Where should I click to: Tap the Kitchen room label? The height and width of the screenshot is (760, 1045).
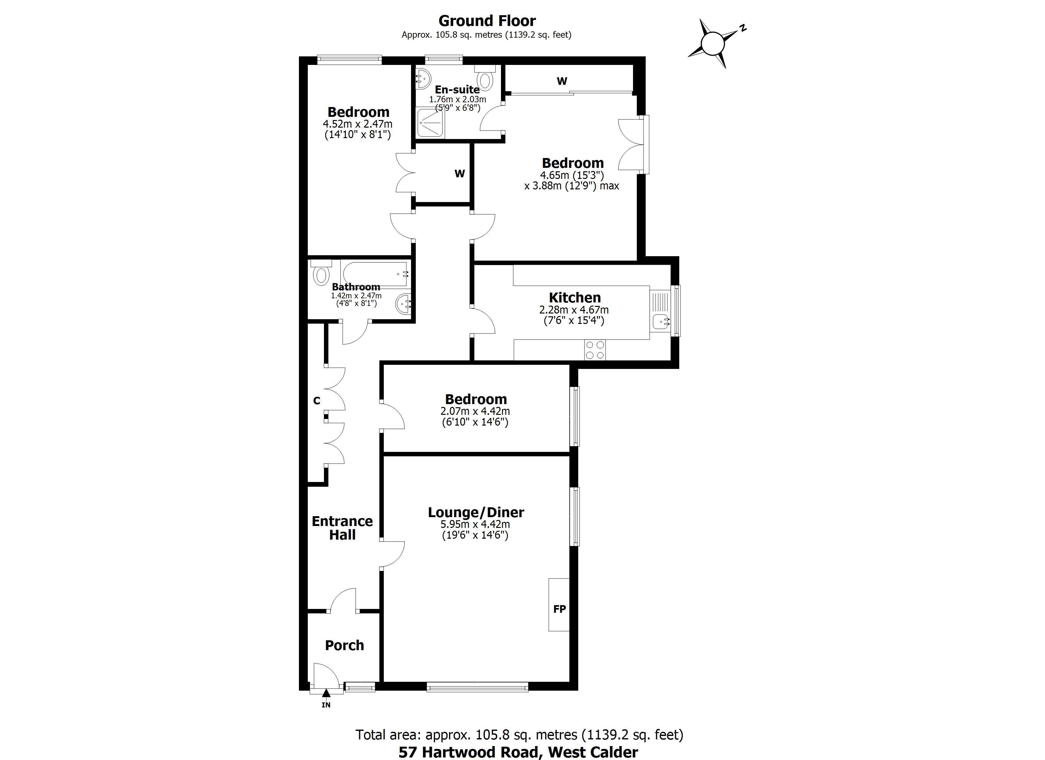point(574,297)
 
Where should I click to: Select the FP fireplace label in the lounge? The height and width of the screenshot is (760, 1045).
point(559,609)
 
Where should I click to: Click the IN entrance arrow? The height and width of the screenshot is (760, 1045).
point(326,696)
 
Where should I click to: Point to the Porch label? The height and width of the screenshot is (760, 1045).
point(344,645)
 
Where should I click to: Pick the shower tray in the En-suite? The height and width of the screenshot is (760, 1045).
point(431,123)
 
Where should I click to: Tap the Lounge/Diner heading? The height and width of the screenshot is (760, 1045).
point(476,512)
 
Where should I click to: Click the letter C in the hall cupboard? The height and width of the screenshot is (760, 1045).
point(317,401)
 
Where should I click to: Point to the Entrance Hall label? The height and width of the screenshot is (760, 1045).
point(342,528)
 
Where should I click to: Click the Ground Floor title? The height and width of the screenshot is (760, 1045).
point(487,21)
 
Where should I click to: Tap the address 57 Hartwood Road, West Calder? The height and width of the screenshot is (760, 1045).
point(518,752)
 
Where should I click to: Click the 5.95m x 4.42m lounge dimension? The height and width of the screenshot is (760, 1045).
point(475,524)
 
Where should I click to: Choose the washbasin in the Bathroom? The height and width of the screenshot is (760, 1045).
point(404,304)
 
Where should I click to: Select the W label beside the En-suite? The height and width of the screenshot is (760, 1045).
point(562,81)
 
